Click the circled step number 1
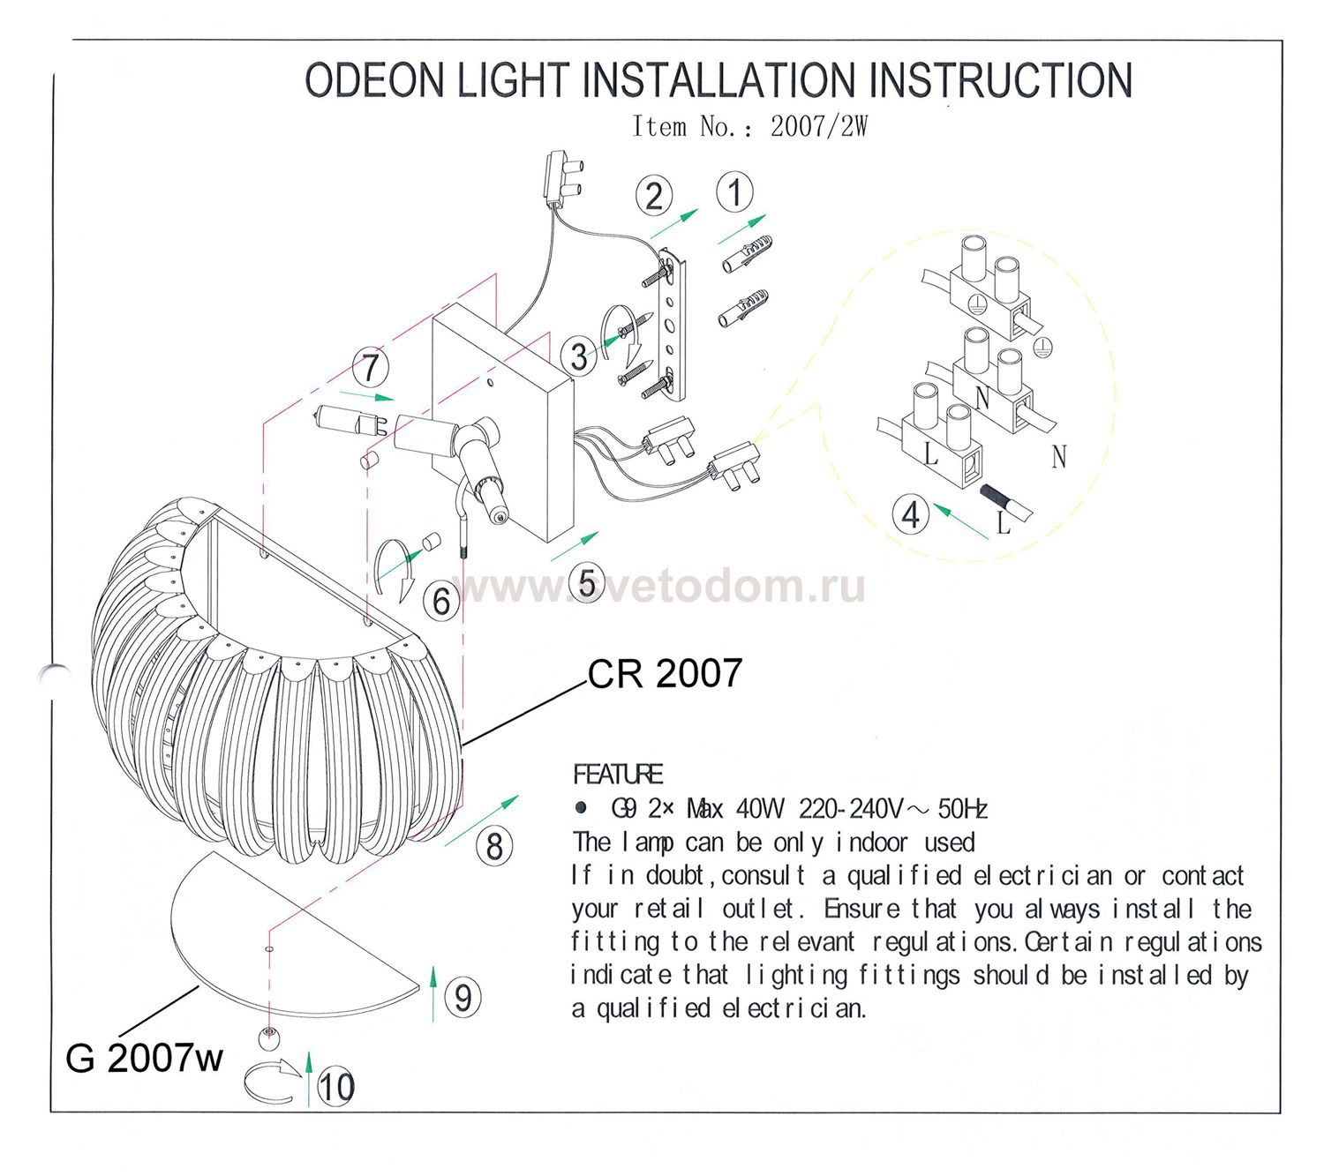(x=734, y=191)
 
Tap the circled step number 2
(x=653, y=196)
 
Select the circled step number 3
(x=579, y=356)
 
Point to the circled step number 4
(x=910, y=514)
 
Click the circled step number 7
(x=371, y=368)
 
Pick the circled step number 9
(x=463, y=998)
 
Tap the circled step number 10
(x=335, y=1086)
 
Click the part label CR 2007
(x=665, y=674)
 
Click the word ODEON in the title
(x=374, y=81)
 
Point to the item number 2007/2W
(x=819, y=127)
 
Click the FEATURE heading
(x=618, y=775)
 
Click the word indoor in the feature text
(x=871, y=843)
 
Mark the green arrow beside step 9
(x=433, y=992)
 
